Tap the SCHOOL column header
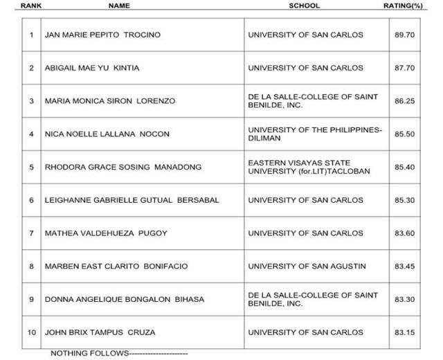pos(304,6)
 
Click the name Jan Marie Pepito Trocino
pos(97,35)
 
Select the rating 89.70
pos(404,35)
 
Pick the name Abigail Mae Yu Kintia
pos(92,68)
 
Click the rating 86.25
pos(404,101)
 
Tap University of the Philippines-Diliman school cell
pos(314,134)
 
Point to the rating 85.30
pos(404,200)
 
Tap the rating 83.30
pos(404,300)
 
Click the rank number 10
pos(32,333)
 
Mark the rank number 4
pos(32,134)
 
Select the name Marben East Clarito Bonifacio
pos(116,267)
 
